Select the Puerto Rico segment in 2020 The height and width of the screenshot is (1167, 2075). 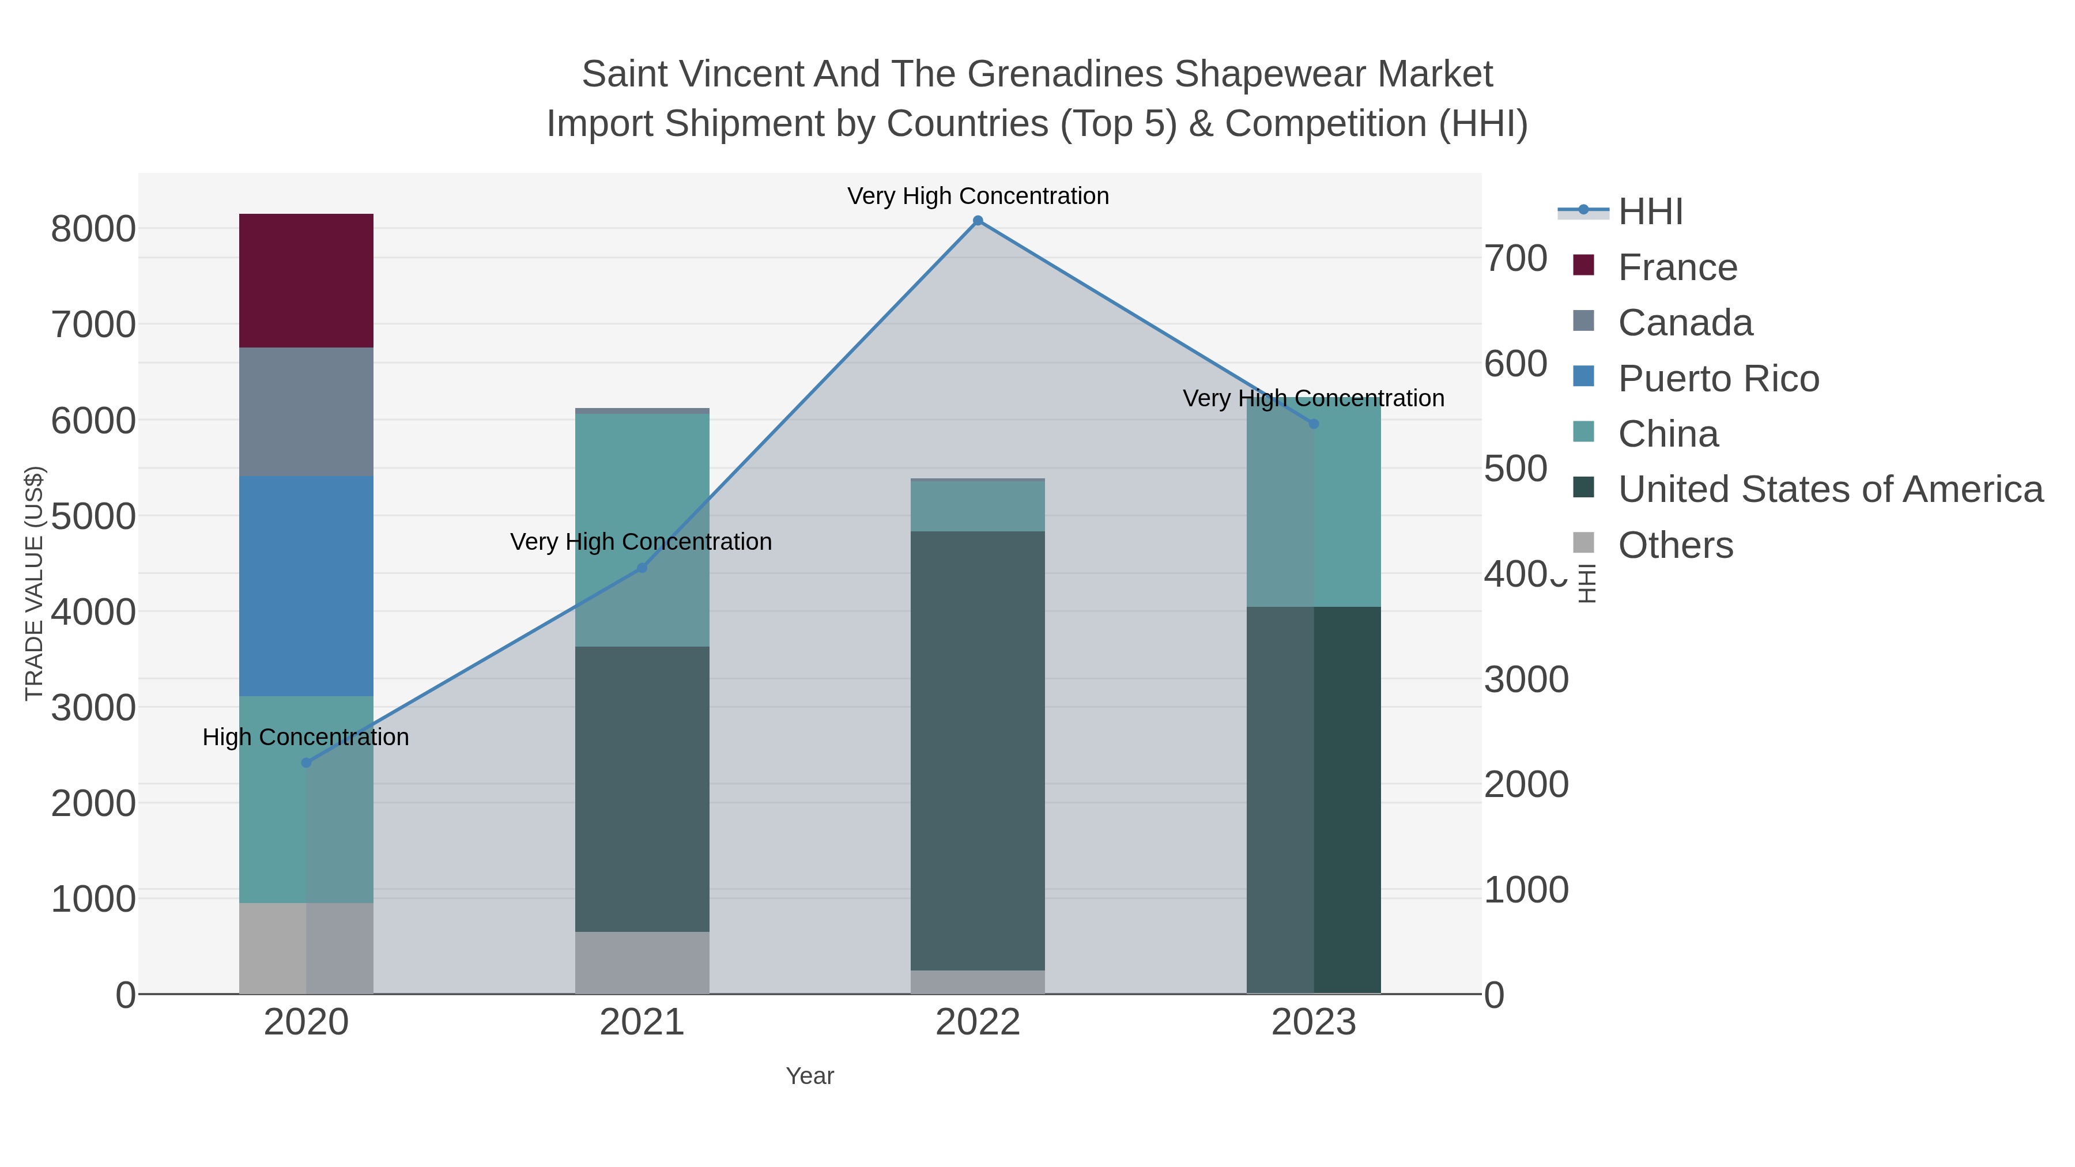[x=306, y=586]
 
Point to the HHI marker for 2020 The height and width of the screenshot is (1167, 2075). [x=306, y=762]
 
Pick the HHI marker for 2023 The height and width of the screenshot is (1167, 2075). [x=1313, y=424]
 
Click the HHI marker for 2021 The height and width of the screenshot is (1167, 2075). [x=642, y=568]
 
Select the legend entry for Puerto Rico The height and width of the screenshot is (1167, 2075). [x=1718, y=379]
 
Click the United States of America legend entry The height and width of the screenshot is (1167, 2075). [x=1828, y=490]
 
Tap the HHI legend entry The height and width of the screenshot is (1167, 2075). [x=1650, y=212]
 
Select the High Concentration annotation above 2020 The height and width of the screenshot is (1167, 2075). [x=305, y=737]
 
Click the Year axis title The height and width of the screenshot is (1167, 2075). [x=810, y=1076]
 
